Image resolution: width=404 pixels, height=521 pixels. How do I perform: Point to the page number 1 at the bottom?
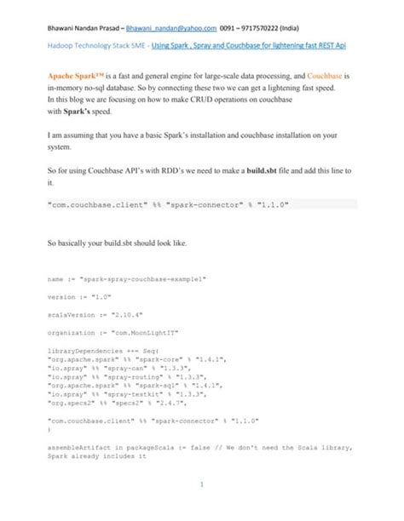[x=201, y=486]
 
